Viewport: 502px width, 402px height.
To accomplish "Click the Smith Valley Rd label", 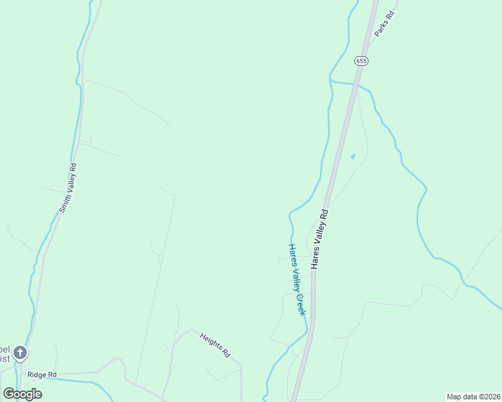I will [67, 188].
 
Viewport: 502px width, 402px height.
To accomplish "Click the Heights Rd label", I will [215, 345].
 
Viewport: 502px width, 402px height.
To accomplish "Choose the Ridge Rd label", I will [42, 375].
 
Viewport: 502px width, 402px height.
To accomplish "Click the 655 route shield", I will [362, 60].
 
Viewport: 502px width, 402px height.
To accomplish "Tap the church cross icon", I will [20, 352].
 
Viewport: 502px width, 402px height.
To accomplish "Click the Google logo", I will [23, 394].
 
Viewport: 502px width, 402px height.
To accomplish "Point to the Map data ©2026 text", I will [472, 397].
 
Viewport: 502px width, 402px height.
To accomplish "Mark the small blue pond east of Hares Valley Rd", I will [352, 157].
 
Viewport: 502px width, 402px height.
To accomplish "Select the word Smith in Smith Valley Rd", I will [62, 205].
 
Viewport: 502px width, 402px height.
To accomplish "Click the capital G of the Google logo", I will [9, 393].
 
